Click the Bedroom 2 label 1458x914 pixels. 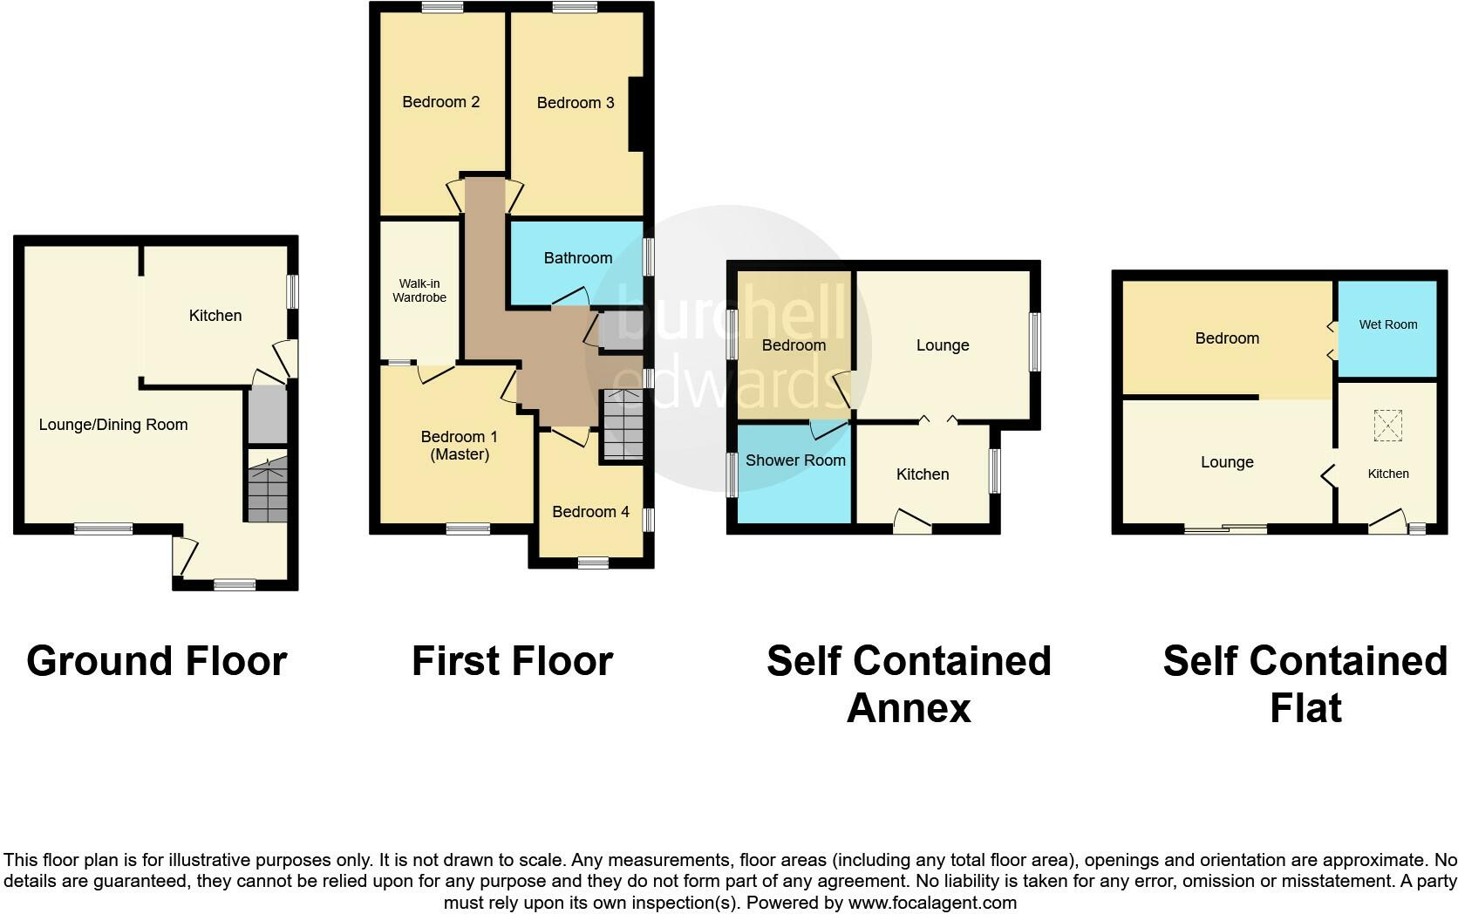[440, 102]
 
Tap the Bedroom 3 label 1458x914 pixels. [576, 103]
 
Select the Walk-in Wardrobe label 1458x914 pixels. [419, 290]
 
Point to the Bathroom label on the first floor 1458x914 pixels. [577, 258]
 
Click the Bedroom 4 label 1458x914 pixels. [590, 512]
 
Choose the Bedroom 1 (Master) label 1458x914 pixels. [460, 446]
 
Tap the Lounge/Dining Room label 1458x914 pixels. [113, 425]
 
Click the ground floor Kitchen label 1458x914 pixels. [215, 316]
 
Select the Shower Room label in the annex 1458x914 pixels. [795, 460]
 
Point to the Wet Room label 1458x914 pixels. [1388, 324]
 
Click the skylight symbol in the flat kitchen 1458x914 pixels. [1386, 426]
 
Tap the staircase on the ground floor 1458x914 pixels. [267, 494]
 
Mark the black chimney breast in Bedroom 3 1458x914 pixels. [637, 113]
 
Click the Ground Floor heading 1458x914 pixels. [157, 661]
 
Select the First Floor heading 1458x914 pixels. [512, 661]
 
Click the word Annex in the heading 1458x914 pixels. [908, 708]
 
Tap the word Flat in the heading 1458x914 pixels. [1305, 708]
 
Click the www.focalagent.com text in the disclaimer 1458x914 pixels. [932, 903]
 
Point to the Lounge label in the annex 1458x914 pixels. [943, 345]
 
